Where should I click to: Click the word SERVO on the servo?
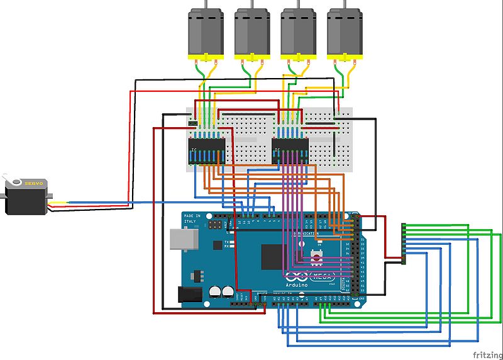[34, 183]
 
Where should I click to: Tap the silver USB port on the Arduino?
[183, 240]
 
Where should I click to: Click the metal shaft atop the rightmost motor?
[345, 4]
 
